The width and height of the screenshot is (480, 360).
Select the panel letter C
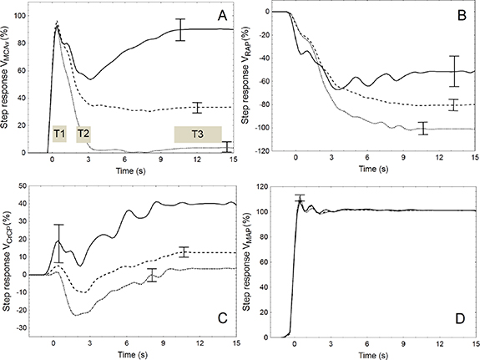[221, 318]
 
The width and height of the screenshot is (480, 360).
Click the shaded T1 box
[59, 133]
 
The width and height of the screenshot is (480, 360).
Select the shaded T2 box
[83, 133]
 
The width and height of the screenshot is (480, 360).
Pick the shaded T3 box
[197, 134]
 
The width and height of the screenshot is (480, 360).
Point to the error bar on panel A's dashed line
[197, 107]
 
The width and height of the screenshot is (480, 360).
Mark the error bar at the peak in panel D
[301, 199]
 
